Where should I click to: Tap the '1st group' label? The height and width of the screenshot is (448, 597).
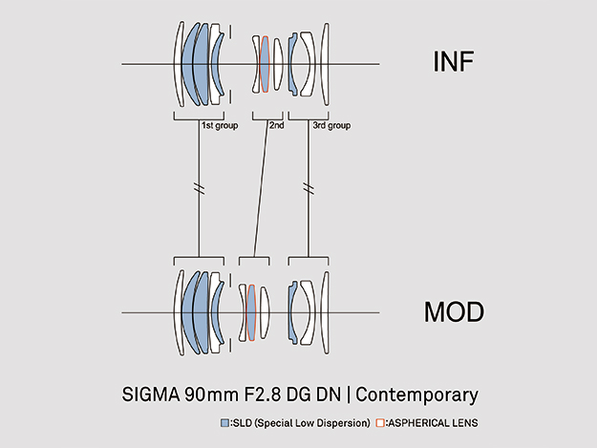(x=219, y=125)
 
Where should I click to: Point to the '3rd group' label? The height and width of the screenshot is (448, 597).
(x=332, y=125)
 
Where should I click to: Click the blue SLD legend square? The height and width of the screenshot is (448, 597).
(x=224, y=421)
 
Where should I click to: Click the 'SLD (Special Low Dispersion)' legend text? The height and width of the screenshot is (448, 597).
(x=299, y=421)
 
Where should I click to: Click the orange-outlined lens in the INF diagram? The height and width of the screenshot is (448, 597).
(x=265, y=64)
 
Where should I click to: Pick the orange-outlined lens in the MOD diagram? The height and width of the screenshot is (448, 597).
(x=251, y=312)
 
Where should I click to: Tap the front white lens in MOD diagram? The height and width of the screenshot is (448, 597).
(x=179, y=312)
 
